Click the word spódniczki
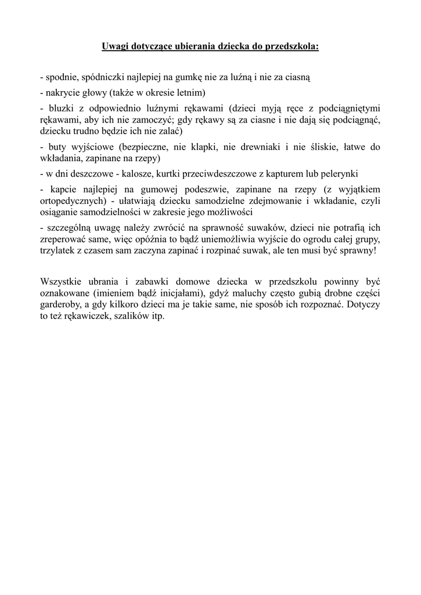104,77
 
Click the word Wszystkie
62,282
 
